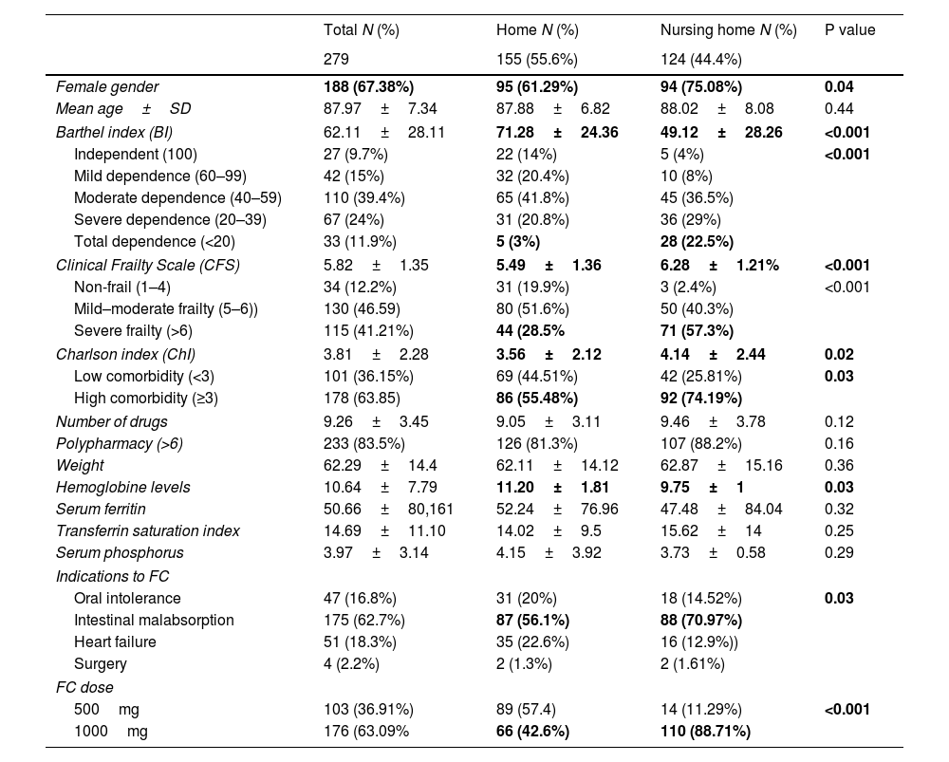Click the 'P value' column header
[x=849, y=30]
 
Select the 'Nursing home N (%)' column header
[x=728, y=30]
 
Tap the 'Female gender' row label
[x=107, y=87]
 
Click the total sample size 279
[x=336, y=59]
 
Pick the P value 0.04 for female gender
[x=839, y=87]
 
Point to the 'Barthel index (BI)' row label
[x=114, y=132]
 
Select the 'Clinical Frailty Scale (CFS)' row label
[x=147, y=265]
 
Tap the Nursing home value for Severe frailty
[x=697, y=330]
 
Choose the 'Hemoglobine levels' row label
[x=123, y=487]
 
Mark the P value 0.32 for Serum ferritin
[x=837, y=510]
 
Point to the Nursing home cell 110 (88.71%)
[x=705, y=731]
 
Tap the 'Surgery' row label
[x=100, y=664]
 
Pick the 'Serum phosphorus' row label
[x=120, y=553]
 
